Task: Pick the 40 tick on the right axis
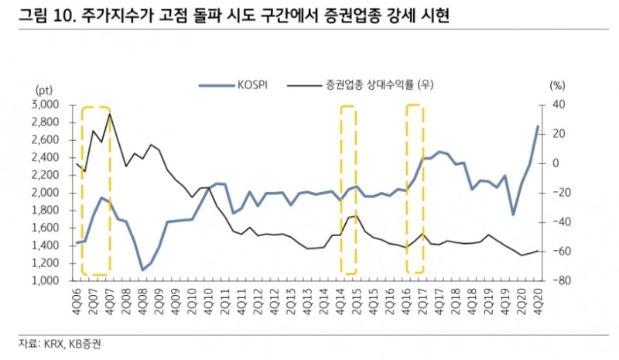coord(558,105)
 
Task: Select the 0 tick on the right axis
coord(555,163)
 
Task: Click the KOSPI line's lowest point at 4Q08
coord(142,269)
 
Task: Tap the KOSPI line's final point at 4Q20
coord(538,127)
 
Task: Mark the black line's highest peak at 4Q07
coord(110,114)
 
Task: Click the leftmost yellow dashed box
coord(96,190)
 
